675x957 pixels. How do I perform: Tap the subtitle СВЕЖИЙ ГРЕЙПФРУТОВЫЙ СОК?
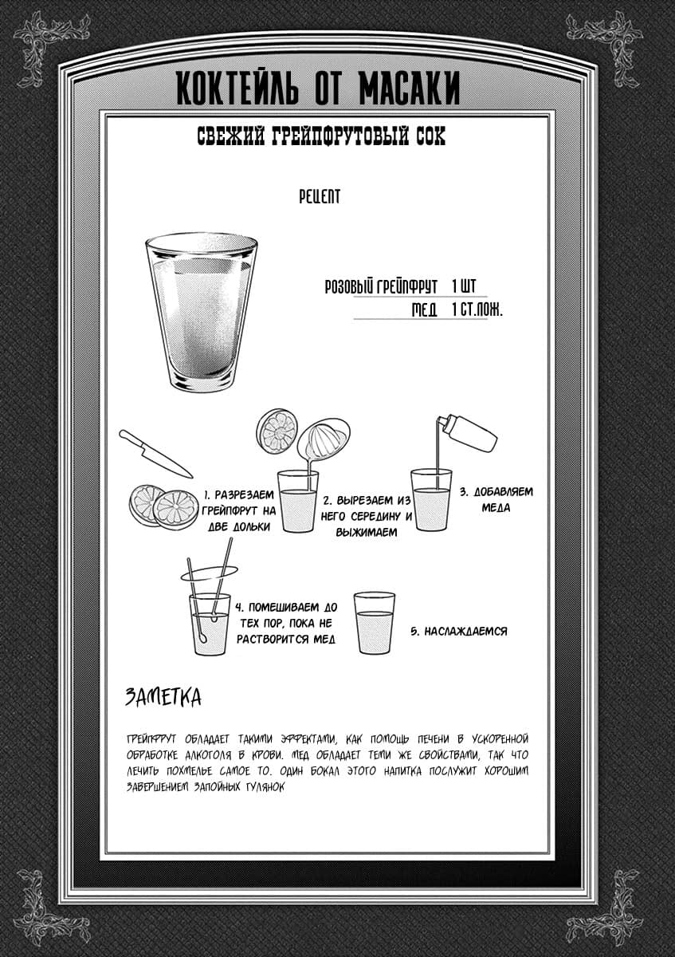tap(321, 136)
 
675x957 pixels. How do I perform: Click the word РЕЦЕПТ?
tap(319, 196)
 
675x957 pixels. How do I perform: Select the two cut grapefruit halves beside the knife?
tap(164, 506)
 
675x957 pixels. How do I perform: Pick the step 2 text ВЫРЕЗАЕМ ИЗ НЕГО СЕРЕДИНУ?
tap(367, 516)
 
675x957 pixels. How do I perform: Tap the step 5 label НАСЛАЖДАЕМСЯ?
tap(458, 631)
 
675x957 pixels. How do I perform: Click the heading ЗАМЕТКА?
tap(163, 697)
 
